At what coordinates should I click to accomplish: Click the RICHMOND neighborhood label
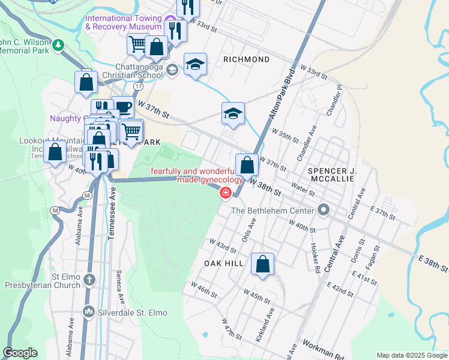(246, 59)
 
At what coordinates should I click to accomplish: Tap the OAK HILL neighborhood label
(224, 263)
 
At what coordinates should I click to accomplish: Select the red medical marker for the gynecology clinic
(226, 193)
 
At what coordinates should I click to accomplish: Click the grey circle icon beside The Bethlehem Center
(324, 210)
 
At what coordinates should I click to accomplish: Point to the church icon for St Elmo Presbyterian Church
(89, 279)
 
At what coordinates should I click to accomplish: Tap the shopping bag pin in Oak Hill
(263, 264)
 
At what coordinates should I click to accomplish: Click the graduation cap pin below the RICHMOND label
(233, 113)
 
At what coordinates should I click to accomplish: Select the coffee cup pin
(123, 107)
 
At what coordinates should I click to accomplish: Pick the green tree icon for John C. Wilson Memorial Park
(58, 44)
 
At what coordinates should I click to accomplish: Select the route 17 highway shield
(139, 86)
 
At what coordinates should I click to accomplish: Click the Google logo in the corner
(20, 353)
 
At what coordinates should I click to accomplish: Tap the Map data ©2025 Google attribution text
(411, 355)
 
